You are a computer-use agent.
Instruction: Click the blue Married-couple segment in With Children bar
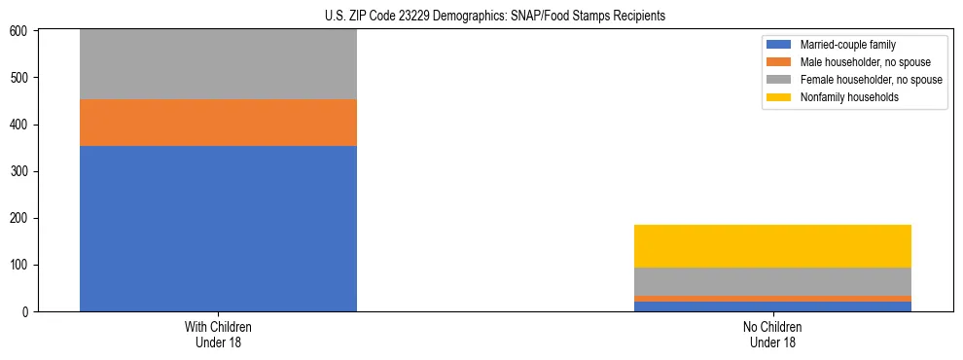click(x=218, y=229)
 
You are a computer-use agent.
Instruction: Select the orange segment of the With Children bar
click(x=218, y=123)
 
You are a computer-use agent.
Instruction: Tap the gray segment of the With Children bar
click(x=218, y=64)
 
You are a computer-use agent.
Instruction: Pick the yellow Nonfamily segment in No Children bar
click(x=772, y=246)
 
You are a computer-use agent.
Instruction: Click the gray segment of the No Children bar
click(x=772, y=281)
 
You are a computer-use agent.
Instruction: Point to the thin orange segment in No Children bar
click(x=772, y=299)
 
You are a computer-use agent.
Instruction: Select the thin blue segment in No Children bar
click(x=772, y=306)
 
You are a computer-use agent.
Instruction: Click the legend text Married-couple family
click(x=847, y=45)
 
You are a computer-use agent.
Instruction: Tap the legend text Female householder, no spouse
click(x=871, y=80)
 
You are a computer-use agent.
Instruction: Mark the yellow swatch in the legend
click(x=779, y=97)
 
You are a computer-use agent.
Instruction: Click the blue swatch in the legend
click(x=779, y=45)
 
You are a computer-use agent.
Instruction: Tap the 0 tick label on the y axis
click(x=27, y=312)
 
